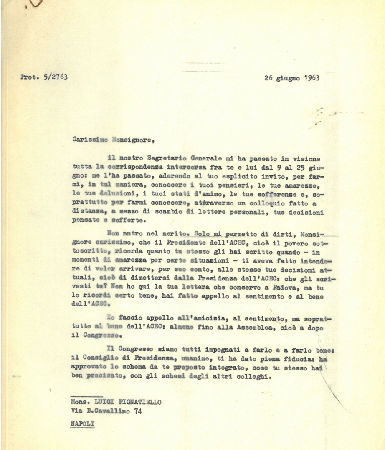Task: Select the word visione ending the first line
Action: pyautogui.click(x=307, y=158)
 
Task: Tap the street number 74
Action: pyautogui.click(x=137, y=411)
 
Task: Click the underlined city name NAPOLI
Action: pyautogui.click(x=83, y=423)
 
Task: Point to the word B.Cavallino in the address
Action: pyautogui.click(x=109, y=411)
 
